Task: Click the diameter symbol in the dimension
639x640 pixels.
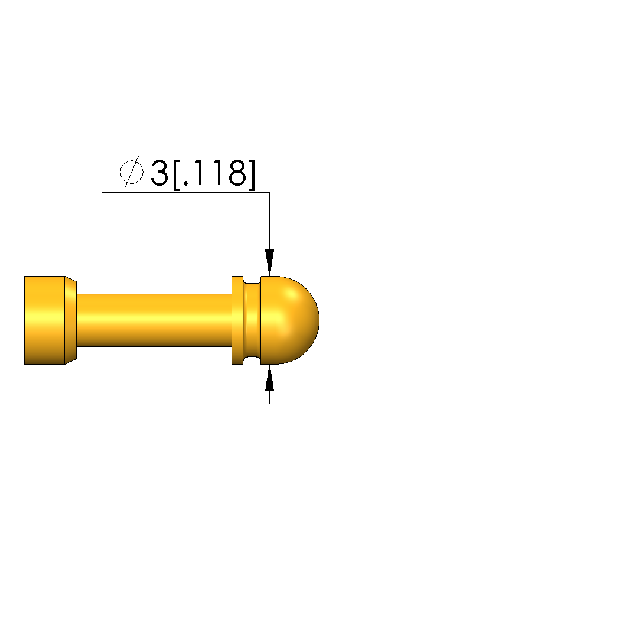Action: pos(131,172)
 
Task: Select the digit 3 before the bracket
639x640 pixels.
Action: pos(159,173)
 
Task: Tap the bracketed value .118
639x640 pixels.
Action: pos(214,173)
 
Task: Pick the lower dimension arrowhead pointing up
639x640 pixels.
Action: pos(269,378)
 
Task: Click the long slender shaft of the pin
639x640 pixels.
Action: pos(154,320)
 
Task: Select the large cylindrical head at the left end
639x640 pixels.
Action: pos(44,320)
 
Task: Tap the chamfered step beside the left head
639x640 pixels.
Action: pos(71,320)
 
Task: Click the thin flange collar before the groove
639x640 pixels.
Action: pos(237,320)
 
